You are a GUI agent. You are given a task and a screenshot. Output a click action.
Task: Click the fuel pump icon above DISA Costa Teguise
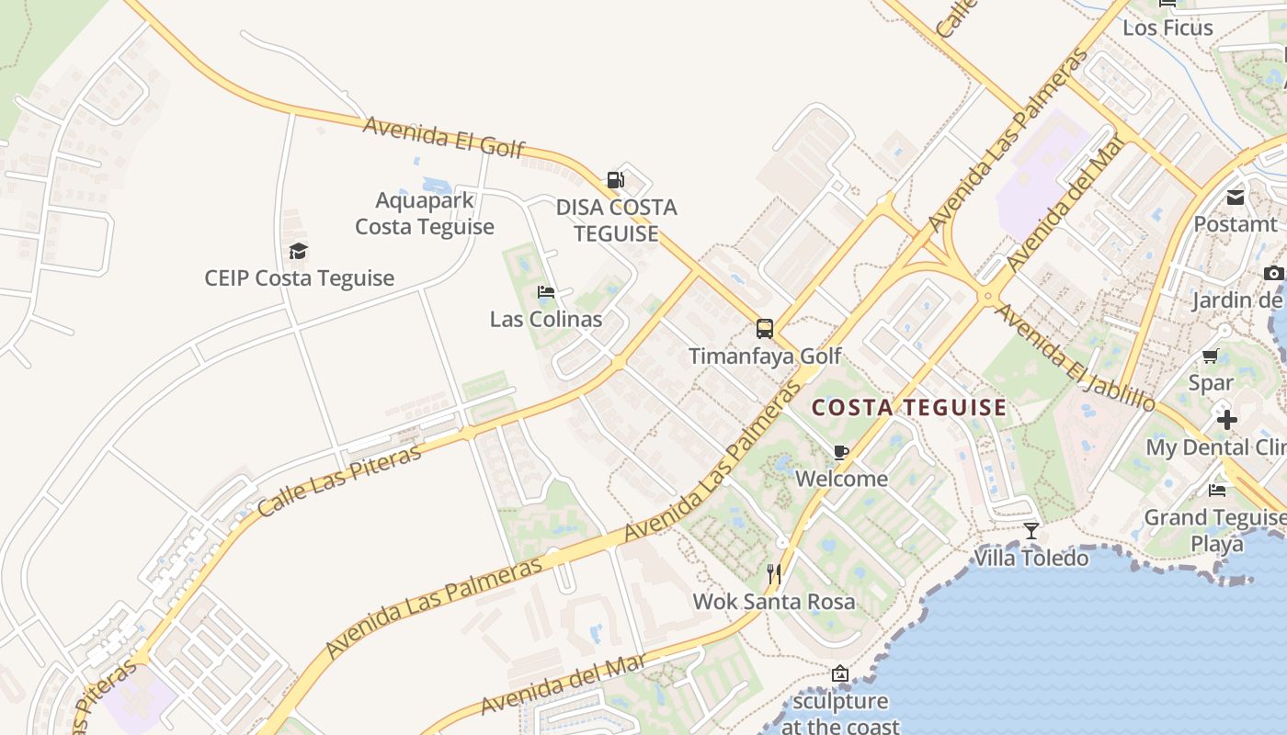pyautogui.click(x=616, y=180)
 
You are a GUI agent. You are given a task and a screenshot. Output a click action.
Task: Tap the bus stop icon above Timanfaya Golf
pyautogui.click(x=764, y=328)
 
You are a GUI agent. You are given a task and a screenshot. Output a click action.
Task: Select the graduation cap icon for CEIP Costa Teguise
pyautogui.click(x=298, y=251)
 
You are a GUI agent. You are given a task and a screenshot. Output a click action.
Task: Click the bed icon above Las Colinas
pyautogui.click(x=546, y=293)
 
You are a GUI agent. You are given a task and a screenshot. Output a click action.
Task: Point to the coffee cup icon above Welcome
pyautogui.click(x=840, y=451)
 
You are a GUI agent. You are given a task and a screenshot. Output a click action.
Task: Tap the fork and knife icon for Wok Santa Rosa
pyautogui.click(x=774, y=574)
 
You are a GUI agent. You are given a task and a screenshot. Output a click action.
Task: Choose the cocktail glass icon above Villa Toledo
pyautogui.click(x=1031, y=530)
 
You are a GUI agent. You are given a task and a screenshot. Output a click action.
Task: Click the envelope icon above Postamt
pyautogui.click(x=1235, y=197)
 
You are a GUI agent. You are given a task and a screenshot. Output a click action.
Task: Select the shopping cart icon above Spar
pyautogui.click(x=1211, y=356)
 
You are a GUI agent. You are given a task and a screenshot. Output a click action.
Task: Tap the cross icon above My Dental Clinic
pyautogui.click(x=1226, y=420)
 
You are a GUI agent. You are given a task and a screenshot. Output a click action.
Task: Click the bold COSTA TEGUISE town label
pyautogui.click(x=908, y=407)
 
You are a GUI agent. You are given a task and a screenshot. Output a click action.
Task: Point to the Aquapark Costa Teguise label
pyautogui.click(x=425, y=213)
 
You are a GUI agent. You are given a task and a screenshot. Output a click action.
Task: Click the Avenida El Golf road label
pyautogui.click(x=444, y=137)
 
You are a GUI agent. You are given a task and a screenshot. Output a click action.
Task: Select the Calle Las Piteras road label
pyautogui.click(x=339, y=480)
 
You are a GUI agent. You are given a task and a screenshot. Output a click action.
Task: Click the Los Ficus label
pyautogui.click(x=1167, y=28)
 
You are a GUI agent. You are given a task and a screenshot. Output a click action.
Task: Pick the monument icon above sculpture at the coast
pyautogui.click(x=839, y=673)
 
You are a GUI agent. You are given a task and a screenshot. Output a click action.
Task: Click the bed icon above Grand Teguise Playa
pyautogui.click(x=1217, y=490)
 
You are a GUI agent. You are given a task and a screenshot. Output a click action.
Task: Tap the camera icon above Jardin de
pyautogui.click(x=1273, y=273)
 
